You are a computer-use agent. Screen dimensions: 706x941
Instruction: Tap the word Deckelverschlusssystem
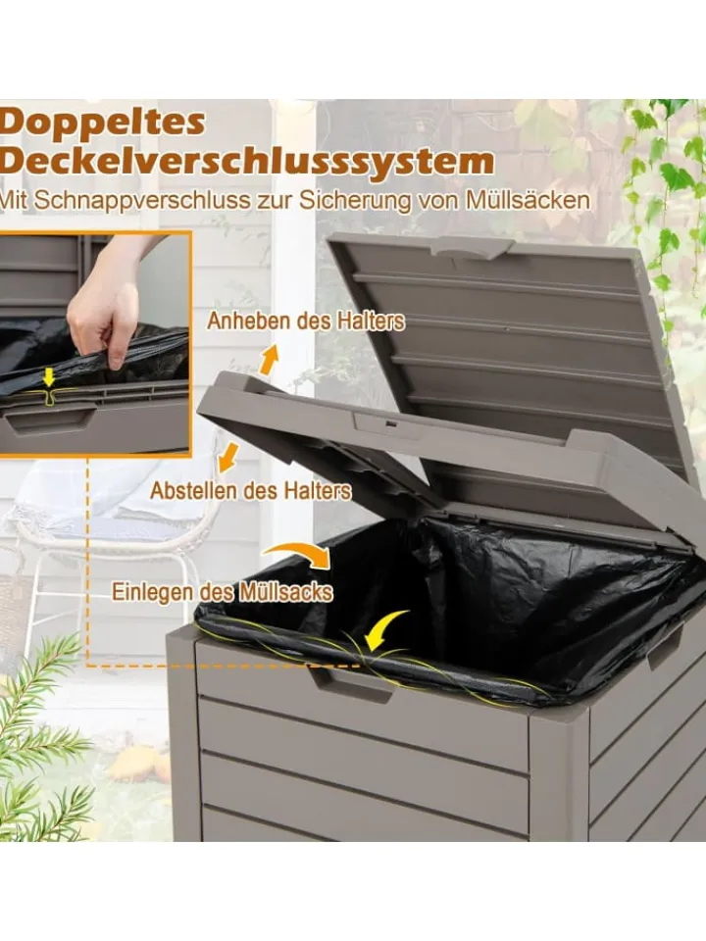coord(246,162)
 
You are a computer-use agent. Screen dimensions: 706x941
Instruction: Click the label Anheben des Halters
coord(306,322)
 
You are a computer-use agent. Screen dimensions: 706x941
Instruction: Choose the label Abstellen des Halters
coord(250,490)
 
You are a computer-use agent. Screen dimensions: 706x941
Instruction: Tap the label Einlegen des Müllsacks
coord(223,592)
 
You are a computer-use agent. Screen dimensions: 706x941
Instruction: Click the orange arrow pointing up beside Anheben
coord(269,360)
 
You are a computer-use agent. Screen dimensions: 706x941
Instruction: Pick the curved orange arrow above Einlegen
coord(300,552)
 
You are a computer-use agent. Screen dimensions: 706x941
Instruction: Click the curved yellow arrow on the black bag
coord(384,630)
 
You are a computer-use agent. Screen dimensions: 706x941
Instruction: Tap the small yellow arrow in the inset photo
coord(49,377)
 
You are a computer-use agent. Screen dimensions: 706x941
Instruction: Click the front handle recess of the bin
coord(351,684)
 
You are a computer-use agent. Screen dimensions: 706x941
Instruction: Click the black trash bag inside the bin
coord(456,606)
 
